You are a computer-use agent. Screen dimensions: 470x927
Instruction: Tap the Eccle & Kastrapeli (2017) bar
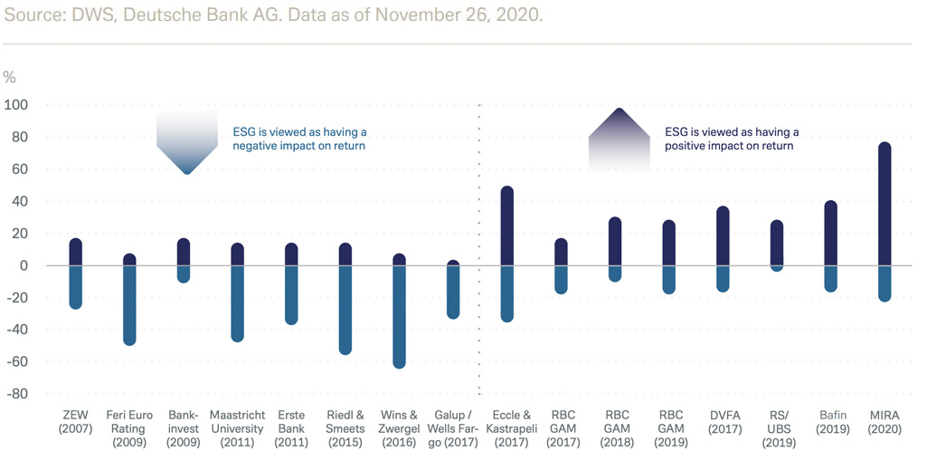coord(507,254)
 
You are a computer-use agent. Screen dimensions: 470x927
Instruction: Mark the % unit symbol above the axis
coord(10,78)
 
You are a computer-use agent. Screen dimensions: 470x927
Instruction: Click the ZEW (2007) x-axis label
coord(75,422)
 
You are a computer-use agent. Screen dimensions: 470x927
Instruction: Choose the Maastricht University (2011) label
coord(237,428)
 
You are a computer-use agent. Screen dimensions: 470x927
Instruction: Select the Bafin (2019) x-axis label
coord(830,422)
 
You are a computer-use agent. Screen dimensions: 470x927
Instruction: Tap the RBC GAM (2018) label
coord(615,428)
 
